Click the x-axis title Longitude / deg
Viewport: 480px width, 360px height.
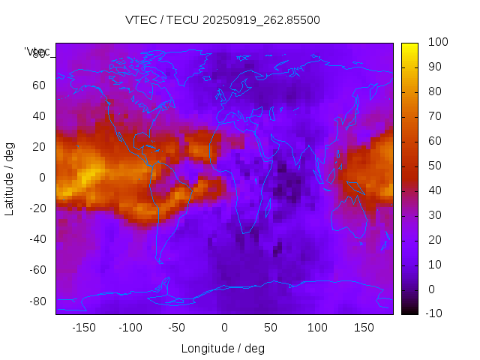pos(223,348)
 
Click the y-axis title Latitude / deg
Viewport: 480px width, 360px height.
pos(10,178)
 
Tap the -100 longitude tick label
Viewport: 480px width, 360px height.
pos(130,328)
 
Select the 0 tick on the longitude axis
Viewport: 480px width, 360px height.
pos(224,328)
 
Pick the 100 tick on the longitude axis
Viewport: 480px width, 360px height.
pos(317,328)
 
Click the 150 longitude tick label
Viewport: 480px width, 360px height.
pos(364,328)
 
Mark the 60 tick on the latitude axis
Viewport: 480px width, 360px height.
pos(39,85)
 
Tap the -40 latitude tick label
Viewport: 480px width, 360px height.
pos(37,239)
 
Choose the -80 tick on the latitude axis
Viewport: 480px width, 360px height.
pos(37,301)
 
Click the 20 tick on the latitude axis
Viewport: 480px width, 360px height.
pos(39,147)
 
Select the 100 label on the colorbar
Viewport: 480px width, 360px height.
pos(437,43)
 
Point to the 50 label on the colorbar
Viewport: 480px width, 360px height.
pos(434,166)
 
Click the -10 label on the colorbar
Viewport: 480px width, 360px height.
pos(434,313)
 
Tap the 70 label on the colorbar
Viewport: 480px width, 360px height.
pos(434,116)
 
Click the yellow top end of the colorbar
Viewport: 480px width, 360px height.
pos(409,47)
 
